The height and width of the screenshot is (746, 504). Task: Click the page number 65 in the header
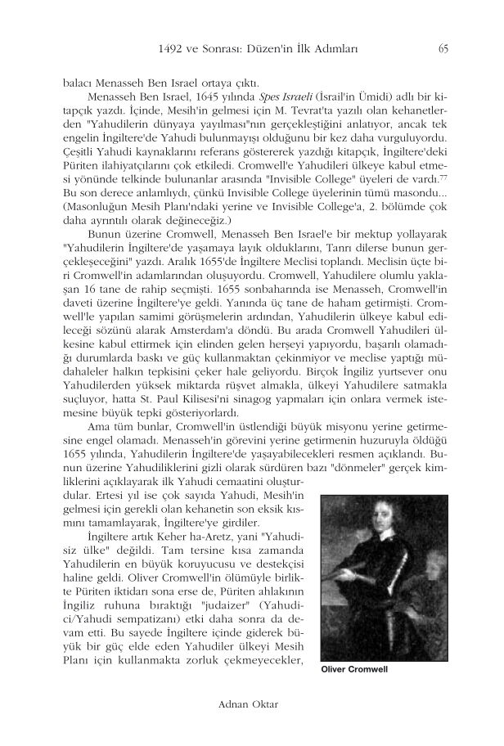pyautogui.click(x=443, y=47)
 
